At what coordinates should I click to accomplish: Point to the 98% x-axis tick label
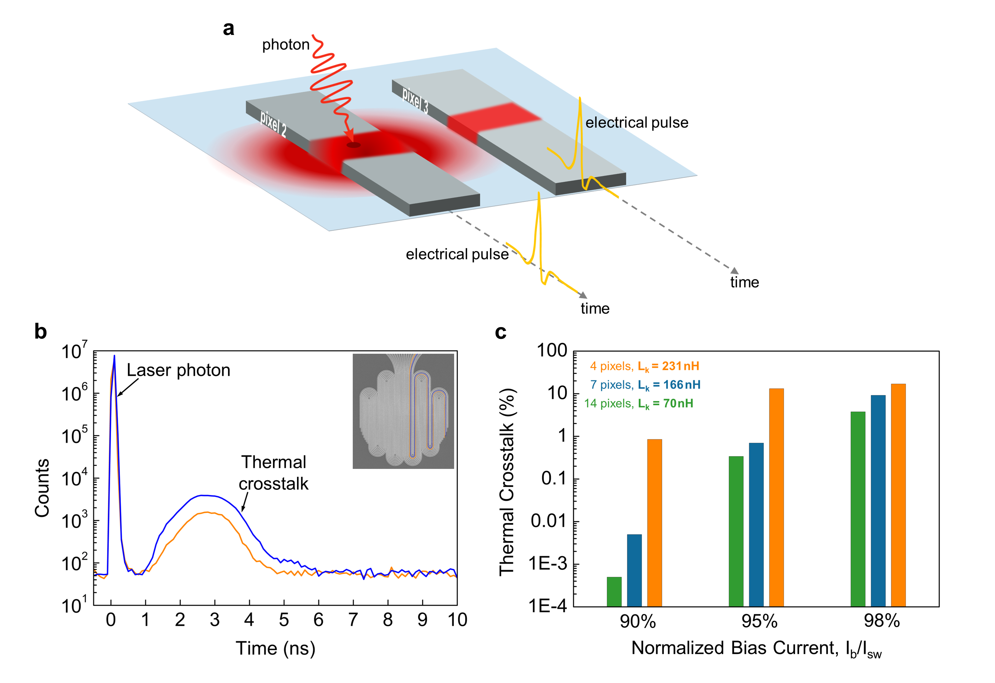[x=882, y=621]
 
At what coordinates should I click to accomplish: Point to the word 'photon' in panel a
[x=286, y=45]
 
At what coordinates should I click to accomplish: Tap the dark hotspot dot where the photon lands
[x=353, y=145]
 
